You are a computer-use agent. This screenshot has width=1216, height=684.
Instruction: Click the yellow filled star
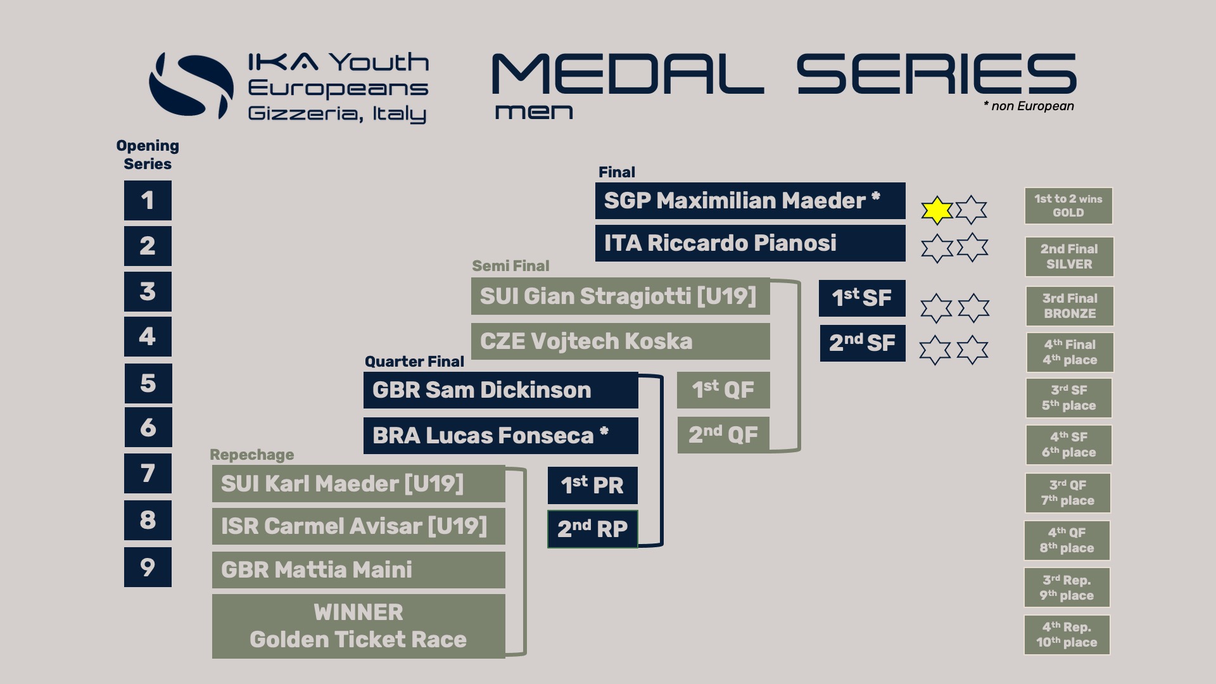pyautogui.click(x=937, y=210)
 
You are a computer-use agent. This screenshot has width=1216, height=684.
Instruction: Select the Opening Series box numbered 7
pyautogui.click(x=148, y=473)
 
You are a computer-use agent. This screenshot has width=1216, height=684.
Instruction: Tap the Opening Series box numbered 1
pyautogui.click(x=148, y=200)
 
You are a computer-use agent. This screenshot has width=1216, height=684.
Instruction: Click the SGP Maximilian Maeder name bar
pyautogui.click(x=750, y=201)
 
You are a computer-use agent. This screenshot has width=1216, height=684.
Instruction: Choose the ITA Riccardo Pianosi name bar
pyautogui.click(x=750, y=243)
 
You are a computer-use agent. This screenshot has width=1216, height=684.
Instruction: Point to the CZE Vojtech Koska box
pyautogui.click(x=620, y=341)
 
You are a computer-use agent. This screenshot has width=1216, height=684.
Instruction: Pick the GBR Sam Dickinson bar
pyautogui.click(x=500, y=390)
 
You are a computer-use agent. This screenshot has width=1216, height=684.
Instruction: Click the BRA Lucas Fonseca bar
pyautogui.click(x=500, y=436)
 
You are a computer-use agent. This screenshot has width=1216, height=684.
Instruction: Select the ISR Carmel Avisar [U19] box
pyautogui.click(x=358, y=526)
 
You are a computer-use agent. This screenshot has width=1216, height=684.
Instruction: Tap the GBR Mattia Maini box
pyautogui.click(x=358, y=570)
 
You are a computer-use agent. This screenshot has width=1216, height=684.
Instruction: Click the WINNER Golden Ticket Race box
pyautogui.click(x=358, y=626)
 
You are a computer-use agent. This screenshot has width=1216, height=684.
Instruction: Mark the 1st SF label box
pyautogui.click(x=862, y=298)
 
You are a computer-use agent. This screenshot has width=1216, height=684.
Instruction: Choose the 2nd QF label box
pyautogui.click(x=723, y=434)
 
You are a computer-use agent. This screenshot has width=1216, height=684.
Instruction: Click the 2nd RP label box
pyautogui.click(x=592, y=529)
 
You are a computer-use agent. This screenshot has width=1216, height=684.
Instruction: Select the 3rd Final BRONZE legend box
pyautogui.click(x=1069, y=306)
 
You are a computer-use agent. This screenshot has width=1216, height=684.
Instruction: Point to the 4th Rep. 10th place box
pyautogui.click(x=1067, y=635)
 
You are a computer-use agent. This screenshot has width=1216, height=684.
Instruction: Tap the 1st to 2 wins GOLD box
pyautogui.click(x=1068, y=206)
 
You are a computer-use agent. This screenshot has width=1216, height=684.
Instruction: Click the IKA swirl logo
pyautogui.click(x=191, y=86)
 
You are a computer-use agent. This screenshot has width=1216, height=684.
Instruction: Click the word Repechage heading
pyautogui.click(x=251, y=455)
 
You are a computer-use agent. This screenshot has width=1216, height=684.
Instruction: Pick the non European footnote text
pyautogui.click(x=1029, y=106)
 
